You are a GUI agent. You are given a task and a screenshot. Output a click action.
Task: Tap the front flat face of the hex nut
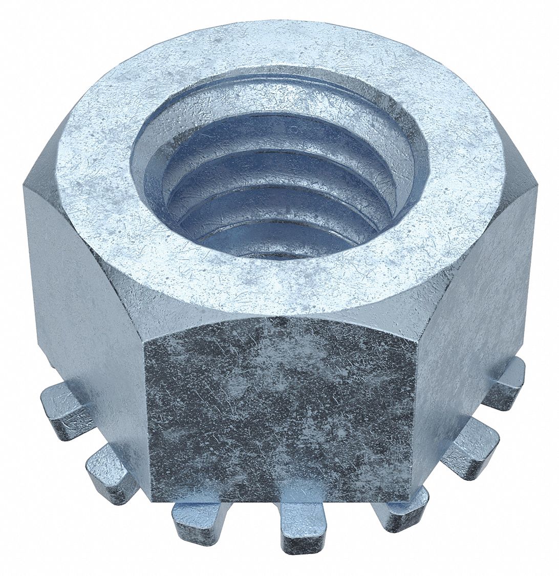tap(279, 410)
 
